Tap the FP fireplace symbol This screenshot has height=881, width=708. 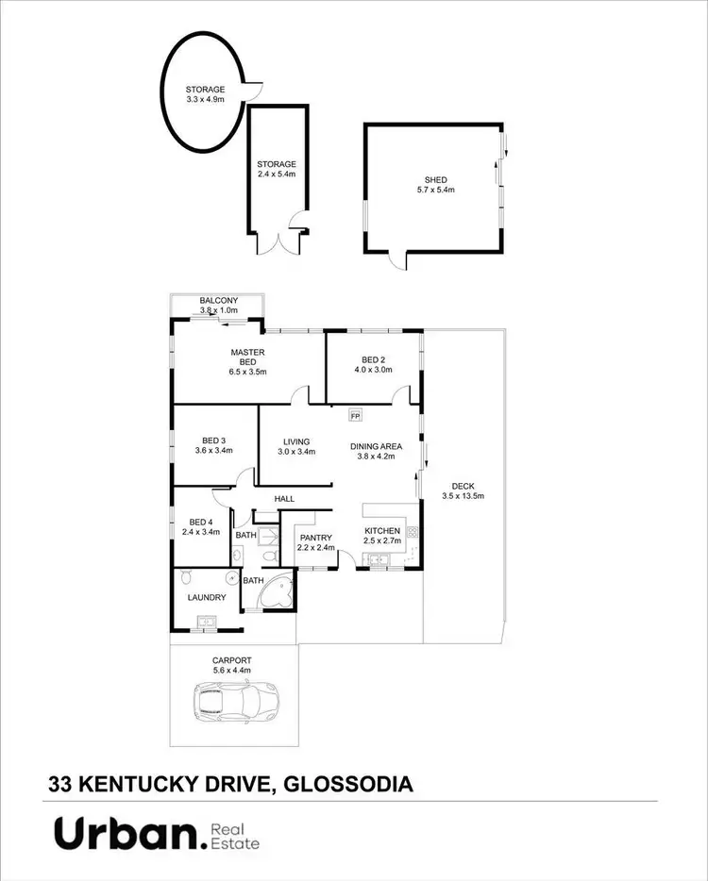coord(356,415)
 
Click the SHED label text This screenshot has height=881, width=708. coord(435,180)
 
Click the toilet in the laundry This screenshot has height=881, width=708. coord(185,575)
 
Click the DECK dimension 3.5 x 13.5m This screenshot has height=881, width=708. coord(463,496)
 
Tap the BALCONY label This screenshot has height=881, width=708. coord(217,301)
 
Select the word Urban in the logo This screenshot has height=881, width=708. coord(127,835)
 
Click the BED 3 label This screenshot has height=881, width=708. coord(213,440)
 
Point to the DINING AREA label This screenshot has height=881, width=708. coord(377,446)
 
